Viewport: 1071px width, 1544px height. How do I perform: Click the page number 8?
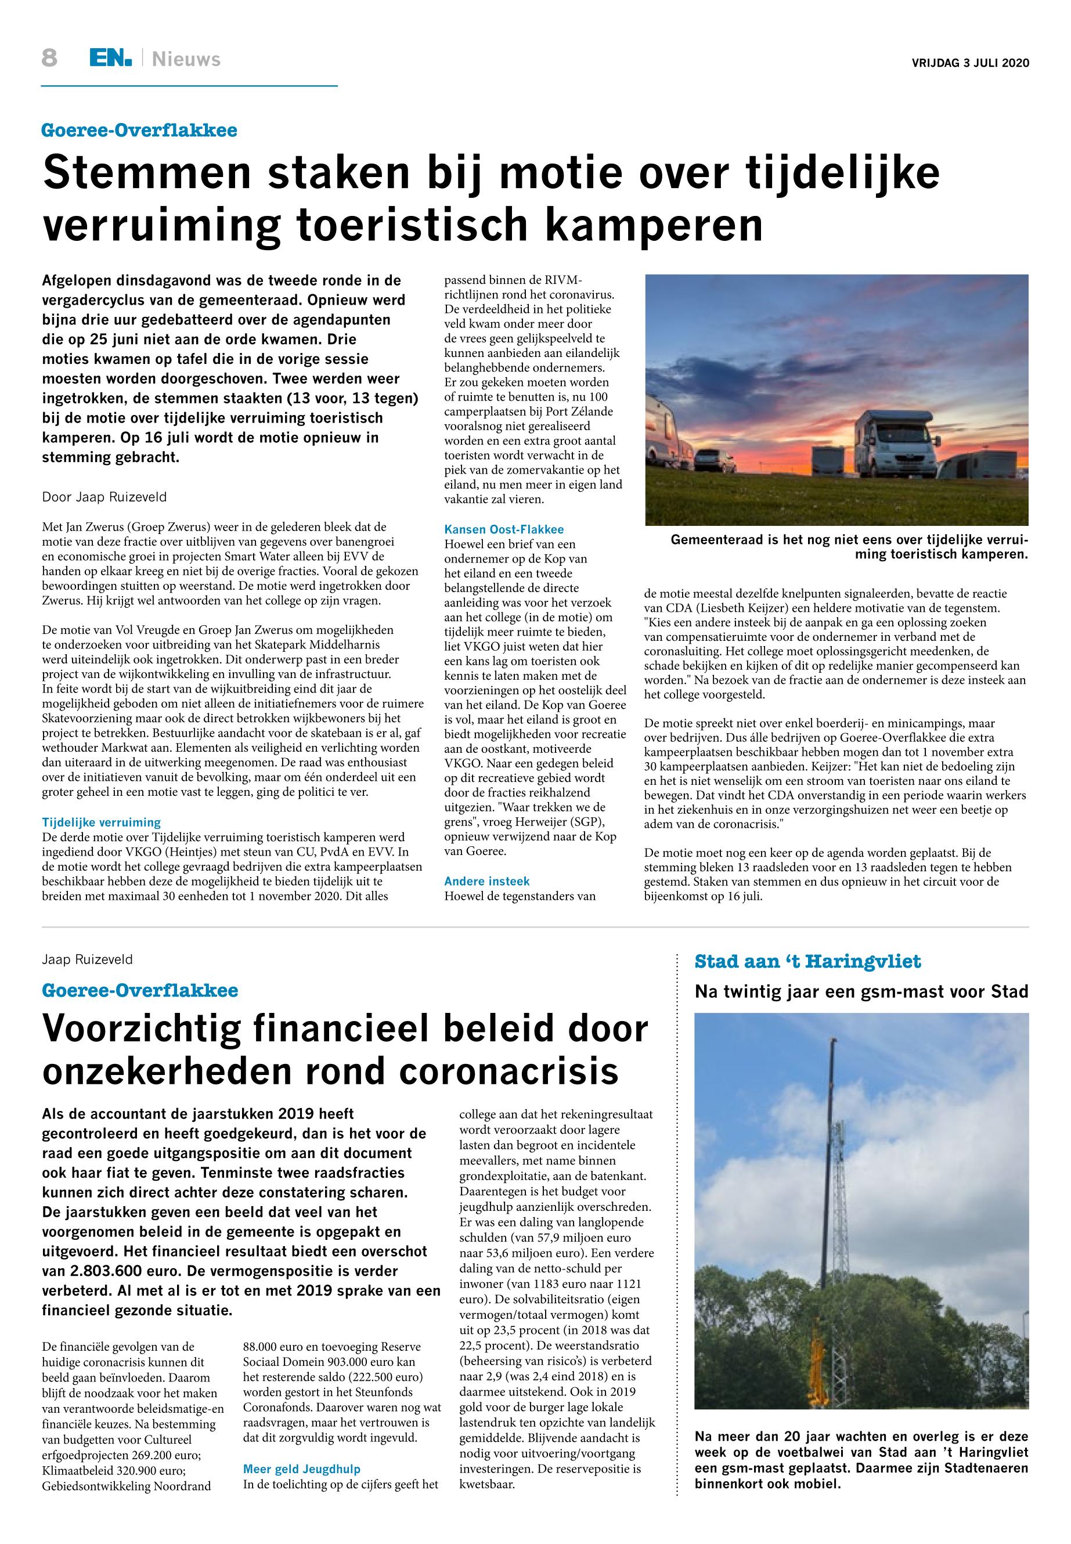click(x=49, y=59)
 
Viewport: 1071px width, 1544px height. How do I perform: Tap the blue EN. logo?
click(x=111, y=59)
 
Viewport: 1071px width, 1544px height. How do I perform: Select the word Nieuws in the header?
click(x=186, y=60)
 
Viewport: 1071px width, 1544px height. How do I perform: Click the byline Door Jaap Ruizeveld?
click(x=104, y=497)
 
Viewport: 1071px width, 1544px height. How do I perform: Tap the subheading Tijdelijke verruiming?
click(x=102, y=822)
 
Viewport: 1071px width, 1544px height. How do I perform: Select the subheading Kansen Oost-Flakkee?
click(x=504, y=529)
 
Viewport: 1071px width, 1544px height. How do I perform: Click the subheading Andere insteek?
click(x=487, y=881)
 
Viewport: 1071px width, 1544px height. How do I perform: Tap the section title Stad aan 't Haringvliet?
click(x=808, y=962)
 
